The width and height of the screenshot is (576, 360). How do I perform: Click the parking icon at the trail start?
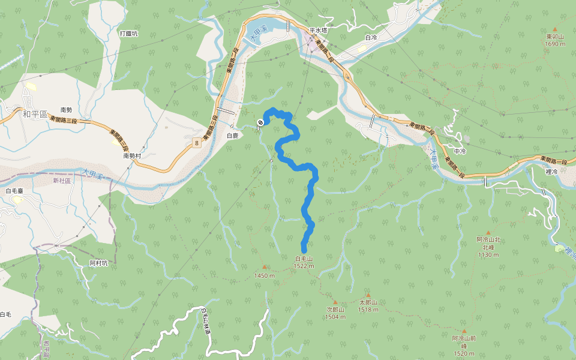[260, 122]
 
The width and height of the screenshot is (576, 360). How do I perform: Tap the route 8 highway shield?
[196, 142]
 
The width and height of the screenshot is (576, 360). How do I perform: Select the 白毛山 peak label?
[304, 259]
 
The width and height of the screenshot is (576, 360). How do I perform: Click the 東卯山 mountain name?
[555, 37]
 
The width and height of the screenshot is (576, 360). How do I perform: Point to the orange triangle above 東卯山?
[555, 29]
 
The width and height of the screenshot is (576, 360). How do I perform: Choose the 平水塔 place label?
[318, 29]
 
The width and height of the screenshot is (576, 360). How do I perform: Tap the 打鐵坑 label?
[128, 34]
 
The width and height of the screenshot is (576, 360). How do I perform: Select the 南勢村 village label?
[132, 155]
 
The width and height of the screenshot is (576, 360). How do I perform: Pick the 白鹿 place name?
[232, 136]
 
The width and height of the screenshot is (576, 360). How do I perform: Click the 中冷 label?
[460, 151]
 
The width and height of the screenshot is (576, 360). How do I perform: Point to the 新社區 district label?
[62, 180]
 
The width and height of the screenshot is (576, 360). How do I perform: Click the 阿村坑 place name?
[98, 263]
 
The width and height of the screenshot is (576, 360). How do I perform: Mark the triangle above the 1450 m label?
[264, 267]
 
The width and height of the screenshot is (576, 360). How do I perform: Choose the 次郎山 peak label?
[335, 310]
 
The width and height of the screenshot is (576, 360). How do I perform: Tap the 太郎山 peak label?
[368, 303]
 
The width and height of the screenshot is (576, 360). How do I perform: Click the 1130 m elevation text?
[488, 255]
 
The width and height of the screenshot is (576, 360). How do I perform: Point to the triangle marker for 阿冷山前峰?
[464, 331]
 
